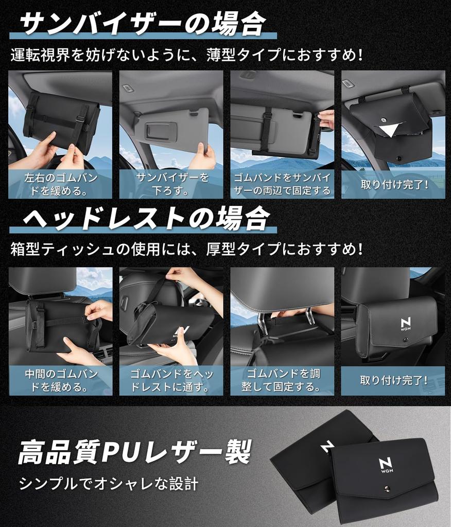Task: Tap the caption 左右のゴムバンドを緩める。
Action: [x=60, y=184]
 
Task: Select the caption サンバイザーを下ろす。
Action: [x=171, y=184]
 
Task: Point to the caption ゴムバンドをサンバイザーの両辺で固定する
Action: [x=282, y=184]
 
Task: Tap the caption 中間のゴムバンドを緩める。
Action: [x=60, y=380]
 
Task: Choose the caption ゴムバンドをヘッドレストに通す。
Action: [x=171, y=380]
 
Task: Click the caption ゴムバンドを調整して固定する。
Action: [x=282, y=380]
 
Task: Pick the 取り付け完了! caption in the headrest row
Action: [x=394, y=381]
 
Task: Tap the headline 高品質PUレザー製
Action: [x=135, y=452]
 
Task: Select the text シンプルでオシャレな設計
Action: [x=109, y=483]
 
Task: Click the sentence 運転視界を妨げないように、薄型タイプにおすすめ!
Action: [x=186, y=55]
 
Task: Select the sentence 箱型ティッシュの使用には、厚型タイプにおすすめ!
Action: [x=186, y=250]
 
